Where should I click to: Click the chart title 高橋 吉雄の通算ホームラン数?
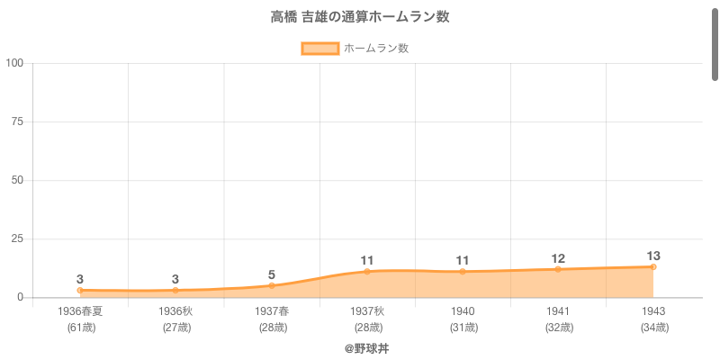[x=360, y=17]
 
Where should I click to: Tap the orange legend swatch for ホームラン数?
[x=319, y=49]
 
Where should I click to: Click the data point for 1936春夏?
[x=80, y=290]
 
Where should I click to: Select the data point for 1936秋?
[x=175, y=290]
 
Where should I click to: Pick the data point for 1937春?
[x=271, y=285]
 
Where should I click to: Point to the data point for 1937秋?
[x=367, y=271]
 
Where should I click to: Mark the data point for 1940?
[x=463, y=271]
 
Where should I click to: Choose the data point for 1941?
[x=558, y=269]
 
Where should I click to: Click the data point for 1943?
[x=653, y=266]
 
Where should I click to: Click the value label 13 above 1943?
[x=653, y=255]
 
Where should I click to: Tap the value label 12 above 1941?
[x=558, y=258]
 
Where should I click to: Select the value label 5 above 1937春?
[x=271, y=274]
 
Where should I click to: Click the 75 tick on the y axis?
[x=18, y=121]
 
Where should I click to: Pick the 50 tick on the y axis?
[x=18, y=180]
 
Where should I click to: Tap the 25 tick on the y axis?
[x=18, y=238]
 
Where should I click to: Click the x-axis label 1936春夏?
[x=80, y=311]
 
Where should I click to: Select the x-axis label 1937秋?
[x=367, y=311]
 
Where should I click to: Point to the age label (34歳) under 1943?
[x=653, y=328]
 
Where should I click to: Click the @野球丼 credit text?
[x=366, y=347]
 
